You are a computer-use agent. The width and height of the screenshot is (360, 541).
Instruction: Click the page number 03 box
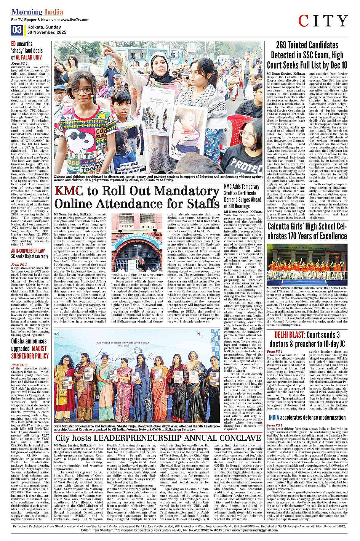click(x=17, y=30)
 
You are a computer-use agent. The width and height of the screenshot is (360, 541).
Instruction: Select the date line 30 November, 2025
click(x=47, y=32)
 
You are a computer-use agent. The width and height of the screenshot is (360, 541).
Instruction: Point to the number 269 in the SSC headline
click(x=284, y=45)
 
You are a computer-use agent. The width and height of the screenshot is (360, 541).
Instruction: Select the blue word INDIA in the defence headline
click(x=274, y=417)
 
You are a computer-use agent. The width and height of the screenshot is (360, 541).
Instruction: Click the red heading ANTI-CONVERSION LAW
click(x=28, y=251)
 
